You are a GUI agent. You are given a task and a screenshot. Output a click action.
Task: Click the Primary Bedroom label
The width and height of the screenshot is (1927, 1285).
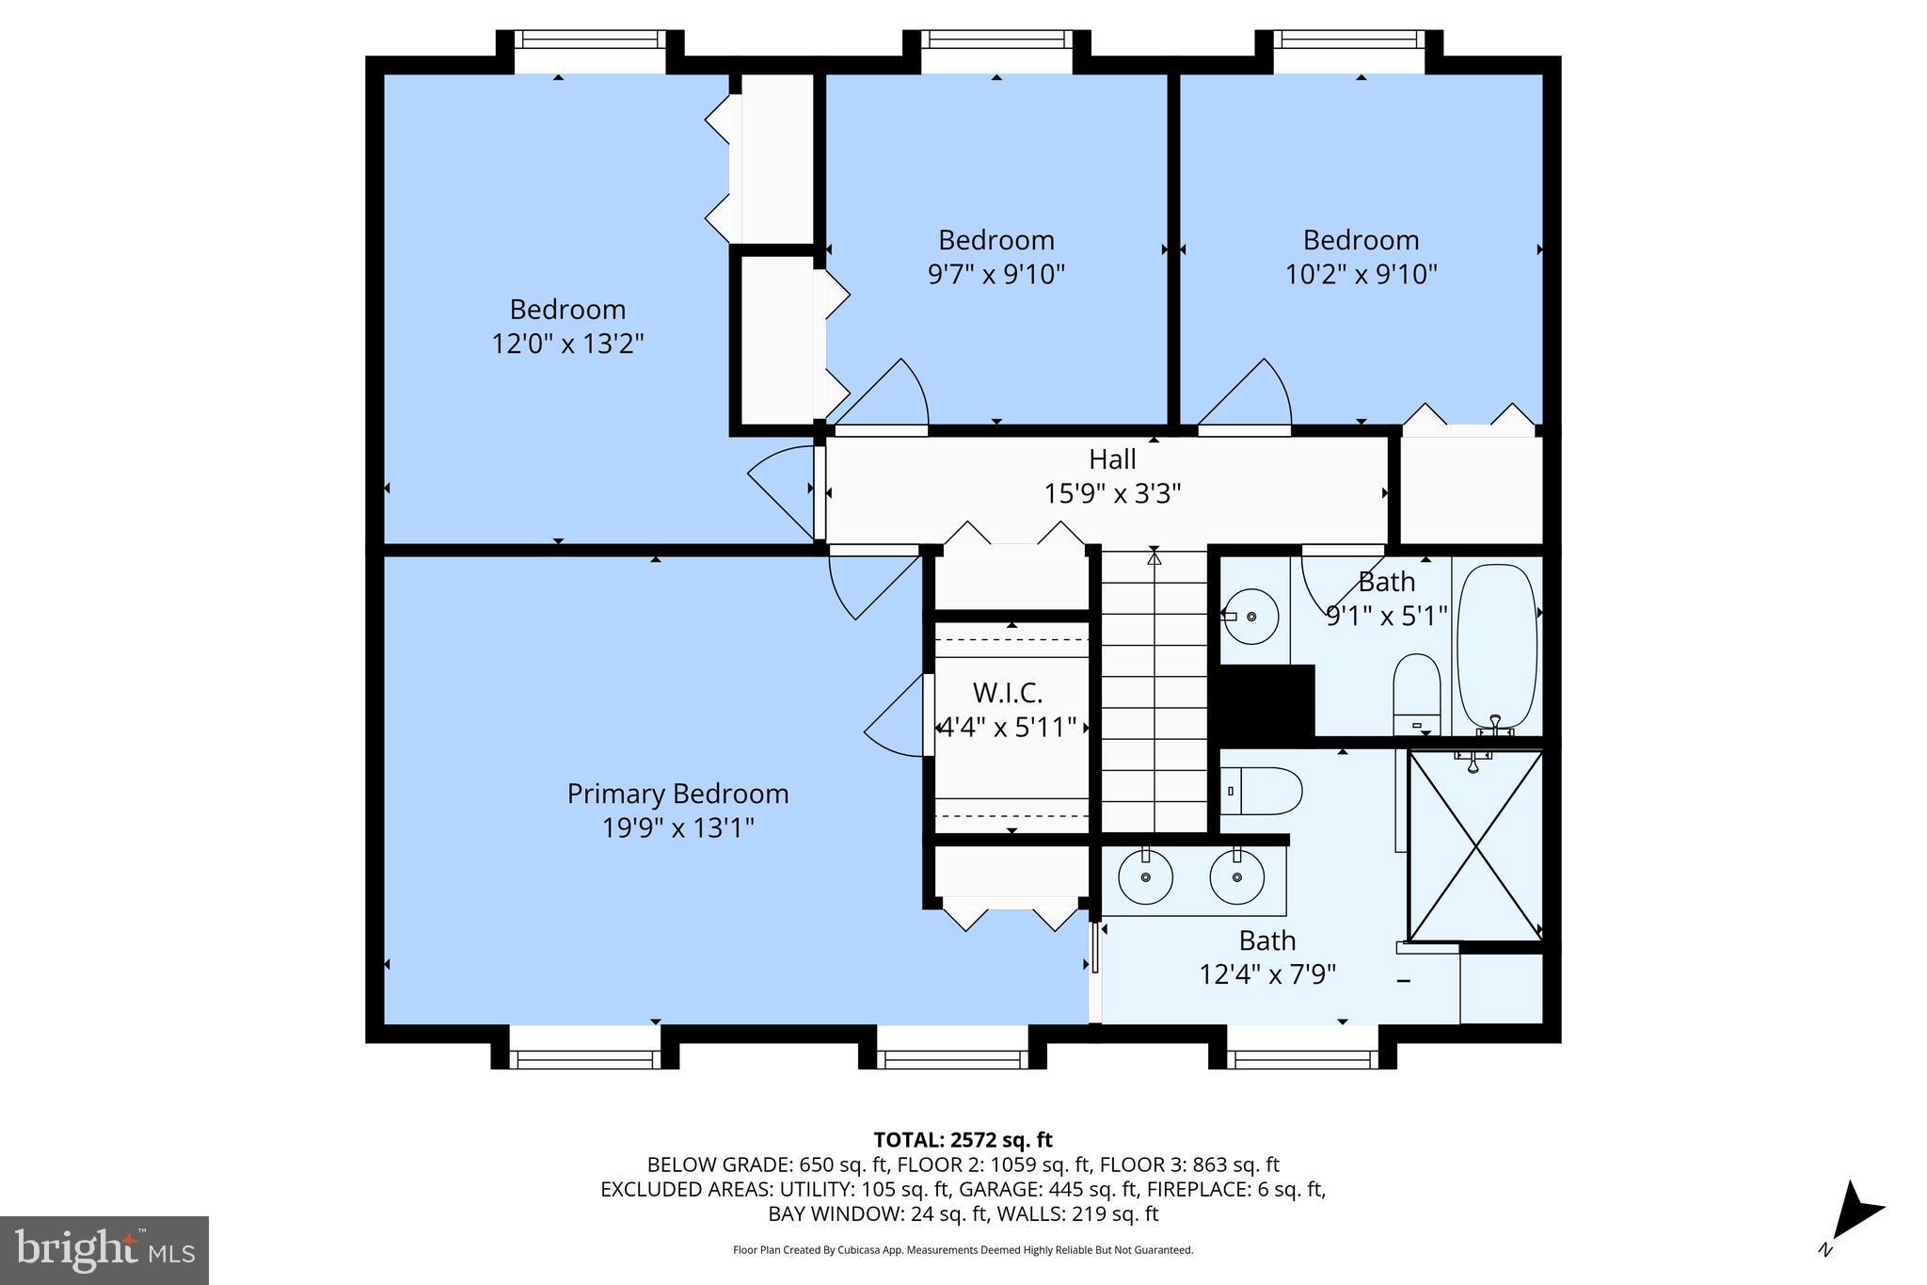(677, 794)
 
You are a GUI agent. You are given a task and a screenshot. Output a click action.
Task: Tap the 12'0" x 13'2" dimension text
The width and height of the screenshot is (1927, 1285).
(567, 344)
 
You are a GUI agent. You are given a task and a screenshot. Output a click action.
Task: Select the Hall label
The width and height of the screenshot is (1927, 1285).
(1112, 459)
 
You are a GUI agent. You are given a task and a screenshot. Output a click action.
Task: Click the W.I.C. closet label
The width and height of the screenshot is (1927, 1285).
(1008, 693)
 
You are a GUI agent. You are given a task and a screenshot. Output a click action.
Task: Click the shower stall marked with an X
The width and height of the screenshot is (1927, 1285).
(1475, 846)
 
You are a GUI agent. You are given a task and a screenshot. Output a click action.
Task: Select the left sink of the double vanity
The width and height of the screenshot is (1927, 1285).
(1145, 877)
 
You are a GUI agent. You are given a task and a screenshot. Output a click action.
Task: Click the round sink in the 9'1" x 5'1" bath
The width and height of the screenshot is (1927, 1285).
(1251, 616)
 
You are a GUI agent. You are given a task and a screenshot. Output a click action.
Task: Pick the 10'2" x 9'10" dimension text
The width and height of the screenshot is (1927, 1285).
(1361, 275)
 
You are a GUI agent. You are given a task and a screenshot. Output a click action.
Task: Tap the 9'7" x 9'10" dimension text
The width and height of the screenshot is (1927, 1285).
(995, 275)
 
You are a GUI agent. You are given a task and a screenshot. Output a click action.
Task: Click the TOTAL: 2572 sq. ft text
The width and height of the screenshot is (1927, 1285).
(963, 1140)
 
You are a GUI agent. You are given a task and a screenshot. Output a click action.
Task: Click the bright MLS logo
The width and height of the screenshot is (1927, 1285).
(104, 1250)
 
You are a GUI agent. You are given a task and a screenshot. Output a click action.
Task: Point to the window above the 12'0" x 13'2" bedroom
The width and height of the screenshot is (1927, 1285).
(589, 40)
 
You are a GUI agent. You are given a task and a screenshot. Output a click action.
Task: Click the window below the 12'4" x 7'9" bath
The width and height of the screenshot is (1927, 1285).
(1302, 1059)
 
